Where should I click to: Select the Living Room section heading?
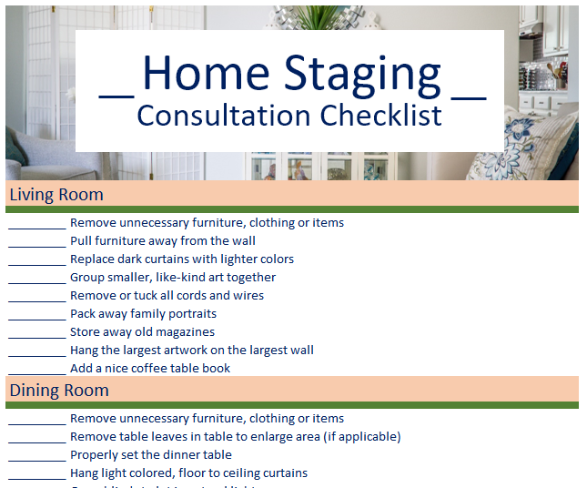pyautogui.click(x=56, y=194)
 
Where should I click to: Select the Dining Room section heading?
pyautogui.click(x=59, y=390)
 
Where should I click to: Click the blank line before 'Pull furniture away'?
pyautogui.click(x=37, y=242)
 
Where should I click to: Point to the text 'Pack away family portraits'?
pyautogui.click(x=143, y=313)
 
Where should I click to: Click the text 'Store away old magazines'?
pyautogui.click(x=142, y=331)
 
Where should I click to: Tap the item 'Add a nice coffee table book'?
pyautogui.click(x=150, y=368)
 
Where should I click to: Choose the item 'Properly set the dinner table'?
pyautogui.click(x=150, y=454)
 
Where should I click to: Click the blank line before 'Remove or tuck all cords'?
pyautogui.click(x=37, y=297)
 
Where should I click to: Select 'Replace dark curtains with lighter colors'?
pyautogui.click(x=181, y=259)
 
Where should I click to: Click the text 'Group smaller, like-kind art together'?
pyautogui.click(x=172, y=277)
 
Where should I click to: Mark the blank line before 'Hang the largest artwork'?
pyautogui.click(x=37, y=351)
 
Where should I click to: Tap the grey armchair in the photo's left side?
pyautogui.click(x=46, y=155)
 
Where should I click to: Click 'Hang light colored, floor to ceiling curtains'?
pyautogui.click(x=188, y=473)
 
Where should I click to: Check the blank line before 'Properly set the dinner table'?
pyautogui.click(x=37, y=456)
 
